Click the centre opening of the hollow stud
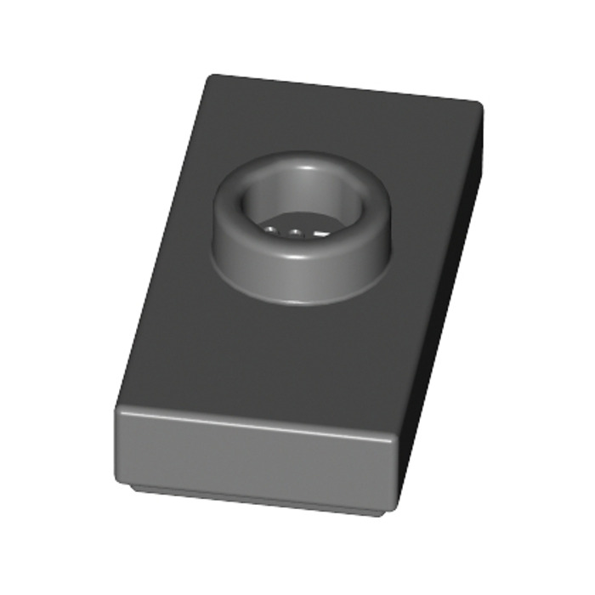pyautogui.click(x=303, y=212)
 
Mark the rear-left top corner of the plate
pyautogui.click(x=210, y=77)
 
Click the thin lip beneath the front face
pyautogui.click(x=255, y=501)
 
